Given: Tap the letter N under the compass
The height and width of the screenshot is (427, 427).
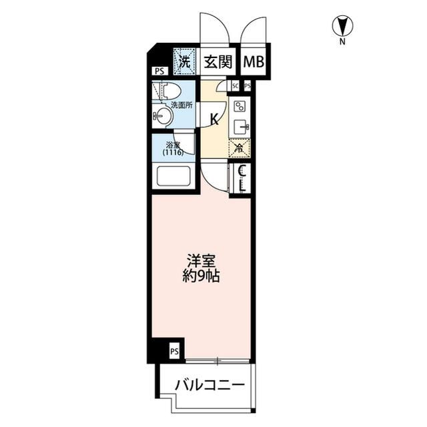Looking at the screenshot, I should point(342,42).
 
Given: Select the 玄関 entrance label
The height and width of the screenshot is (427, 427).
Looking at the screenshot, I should point(218,63).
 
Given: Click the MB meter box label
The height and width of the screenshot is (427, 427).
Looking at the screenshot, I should point(253,63).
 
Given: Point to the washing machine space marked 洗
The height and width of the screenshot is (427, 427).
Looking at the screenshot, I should point(184,61).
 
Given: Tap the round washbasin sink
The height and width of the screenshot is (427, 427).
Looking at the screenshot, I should point(163,117).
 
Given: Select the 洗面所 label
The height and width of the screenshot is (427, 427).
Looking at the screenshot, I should point(181,105).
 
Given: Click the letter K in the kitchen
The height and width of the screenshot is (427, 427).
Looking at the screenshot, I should point(215,120).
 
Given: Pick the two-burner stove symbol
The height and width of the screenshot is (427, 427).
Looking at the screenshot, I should point(240,106).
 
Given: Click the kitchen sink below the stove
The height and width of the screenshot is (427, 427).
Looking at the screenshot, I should point(240,126).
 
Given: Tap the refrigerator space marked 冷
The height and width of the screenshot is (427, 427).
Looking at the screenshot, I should point(239,148).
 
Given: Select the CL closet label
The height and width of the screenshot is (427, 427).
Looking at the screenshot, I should point(242,178).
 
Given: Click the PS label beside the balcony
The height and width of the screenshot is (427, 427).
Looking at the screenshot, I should point(174,351).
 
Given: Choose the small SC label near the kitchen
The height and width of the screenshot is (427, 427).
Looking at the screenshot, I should point(236,86).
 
